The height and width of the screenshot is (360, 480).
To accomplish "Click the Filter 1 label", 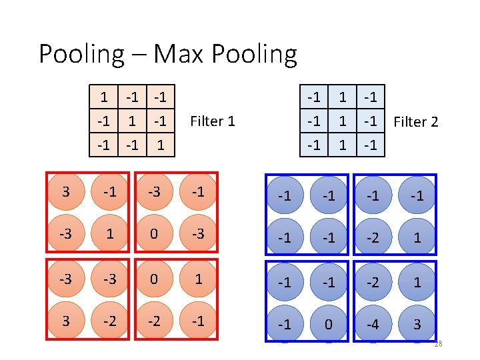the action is tap(213, 121).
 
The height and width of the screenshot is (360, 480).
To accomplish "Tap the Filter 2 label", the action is tap(416, 121).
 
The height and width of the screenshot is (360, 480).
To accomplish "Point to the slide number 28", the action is tap(437, 344).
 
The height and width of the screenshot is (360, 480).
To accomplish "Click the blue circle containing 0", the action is tap(329, 324).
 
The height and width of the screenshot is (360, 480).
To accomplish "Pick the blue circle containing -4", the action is tap(373, 324).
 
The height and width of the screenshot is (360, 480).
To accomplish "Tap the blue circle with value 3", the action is tap(417, 324).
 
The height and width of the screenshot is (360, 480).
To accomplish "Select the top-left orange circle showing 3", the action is tap(65, 193).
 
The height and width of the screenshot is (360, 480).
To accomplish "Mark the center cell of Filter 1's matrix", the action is tap(132, 121).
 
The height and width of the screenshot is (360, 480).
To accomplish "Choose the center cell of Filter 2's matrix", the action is tap(342, 121).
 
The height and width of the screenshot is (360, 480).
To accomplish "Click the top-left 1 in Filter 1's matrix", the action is tap(104, 97).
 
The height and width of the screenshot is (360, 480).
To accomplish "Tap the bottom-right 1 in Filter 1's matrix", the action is tap(160, 145).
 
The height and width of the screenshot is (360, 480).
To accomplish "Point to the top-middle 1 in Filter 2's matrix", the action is tap(342, 97).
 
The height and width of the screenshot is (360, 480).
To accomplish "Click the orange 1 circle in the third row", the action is tap(197, 279).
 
